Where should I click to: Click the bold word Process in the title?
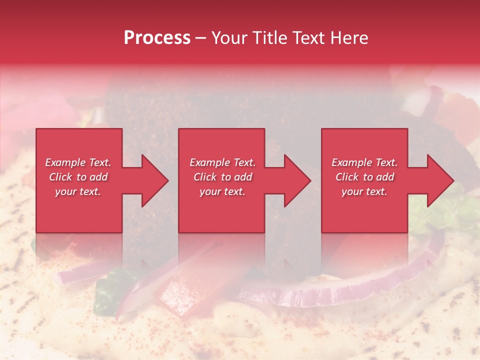click(157, 38)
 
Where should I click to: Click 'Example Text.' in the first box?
click(78, 162)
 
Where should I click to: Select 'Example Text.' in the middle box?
click(222, 162)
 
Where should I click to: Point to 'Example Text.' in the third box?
click(364, 162)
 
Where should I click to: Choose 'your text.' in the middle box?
click(222, 191)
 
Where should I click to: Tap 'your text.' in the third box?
click(364, 191)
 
